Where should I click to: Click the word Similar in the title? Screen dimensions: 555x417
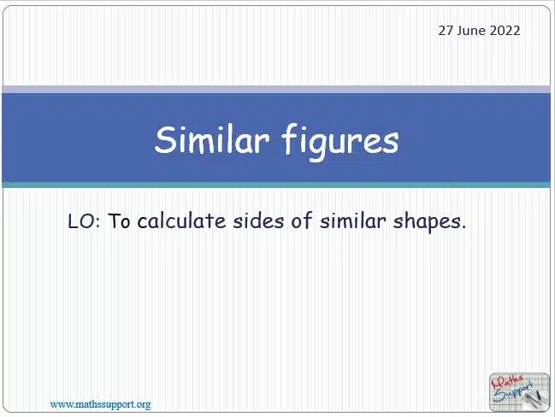click(212, 139)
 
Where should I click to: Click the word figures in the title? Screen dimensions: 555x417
click(340, 142)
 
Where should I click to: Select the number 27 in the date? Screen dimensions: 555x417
click(446, 31)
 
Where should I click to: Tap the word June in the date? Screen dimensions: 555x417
click(471, 31)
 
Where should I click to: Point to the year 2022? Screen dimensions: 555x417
click(505, 31)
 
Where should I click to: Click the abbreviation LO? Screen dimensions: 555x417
click(81, 221)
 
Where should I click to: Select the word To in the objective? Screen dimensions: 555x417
click(119, 221)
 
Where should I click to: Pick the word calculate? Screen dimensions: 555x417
click(181, 220)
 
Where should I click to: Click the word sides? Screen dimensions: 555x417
click(258, 220)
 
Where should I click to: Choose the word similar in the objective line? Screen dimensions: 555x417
click(352, 220)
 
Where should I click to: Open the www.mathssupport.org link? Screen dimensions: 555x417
click(101, 404)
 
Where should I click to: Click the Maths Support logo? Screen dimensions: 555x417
click(519, 392)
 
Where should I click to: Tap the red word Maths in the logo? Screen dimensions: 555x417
click(507, 383)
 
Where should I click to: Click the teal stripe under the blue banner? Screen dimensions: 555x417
click(276, 185)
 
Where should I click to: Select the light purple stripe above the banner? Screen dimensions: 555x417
click(276, 89)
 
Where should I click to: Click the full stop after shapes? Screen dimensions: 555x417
click(463, 226)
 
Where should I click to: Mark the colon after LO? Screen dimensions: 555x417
click(98, 222)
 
